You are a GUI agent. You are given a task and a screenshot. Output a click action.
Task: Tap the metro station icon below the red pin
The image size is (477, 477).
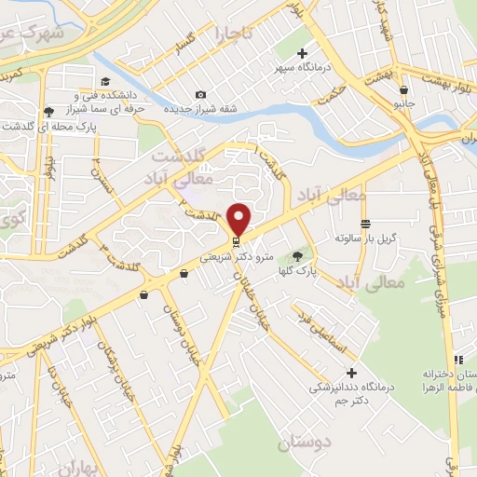[235, 240]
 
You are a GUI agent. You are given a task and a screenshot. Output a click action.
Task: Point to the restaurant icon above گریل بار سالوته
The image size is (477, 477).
[366, 225]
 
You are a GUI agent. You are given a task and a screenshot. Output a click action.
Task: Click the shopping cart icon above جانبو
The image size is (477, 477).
[402, 90]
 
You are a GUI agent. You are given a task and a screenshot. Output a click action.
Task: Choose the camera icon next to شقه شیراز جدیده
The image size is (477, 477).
[201, 94]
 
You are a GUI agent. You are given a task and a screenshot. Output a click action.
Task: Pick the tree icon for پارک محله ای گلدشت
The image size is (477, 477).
[48, 112]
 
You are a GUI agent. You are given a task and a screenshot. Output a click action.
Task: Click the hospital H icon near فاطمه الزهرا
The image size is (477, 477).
[457, 360]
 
